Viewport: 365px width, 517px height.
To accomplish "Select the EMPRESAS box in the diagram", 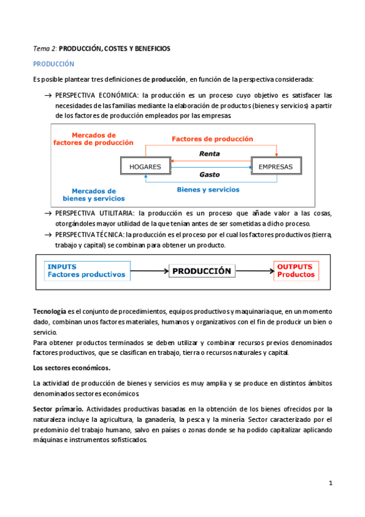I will click(275, 166).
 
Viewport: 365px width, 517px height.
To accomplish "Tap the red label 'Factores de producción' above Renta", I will click(212, 139).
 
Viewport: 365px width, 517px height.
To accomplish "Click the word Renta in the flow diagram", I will click(210, 154).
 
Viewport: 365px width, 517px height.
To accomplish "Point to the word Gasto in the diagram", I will click(210, 174).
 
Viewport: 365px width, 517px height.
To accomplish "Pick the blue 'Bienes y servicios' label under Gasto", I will click(208, 190).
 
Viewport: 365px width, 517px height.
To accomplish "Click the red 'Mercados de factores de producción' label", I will click(93, 139).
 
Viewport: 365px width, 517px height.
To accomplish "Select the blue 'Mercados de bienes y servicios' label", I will click(93, 194).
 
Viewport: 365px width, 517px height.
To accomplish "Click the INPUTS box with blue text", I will click(87, 271).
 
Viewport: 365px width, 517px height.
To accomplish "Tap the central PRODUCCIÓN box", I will click(201, 271).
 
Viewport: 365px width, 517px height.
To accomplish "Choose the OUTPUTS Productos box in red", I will click(295, 271).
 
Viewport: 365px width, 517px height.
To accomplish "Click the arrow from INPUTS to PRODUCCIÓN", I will click(149, 271).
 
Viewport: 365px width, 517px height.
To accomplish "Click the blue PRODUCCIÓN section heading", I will click(54, 63).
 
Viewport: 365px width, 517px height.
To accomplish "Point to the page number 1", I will click(330, 483).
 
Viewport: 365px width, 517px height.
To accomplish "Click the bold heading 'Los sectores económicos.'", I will click(71, 368).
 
